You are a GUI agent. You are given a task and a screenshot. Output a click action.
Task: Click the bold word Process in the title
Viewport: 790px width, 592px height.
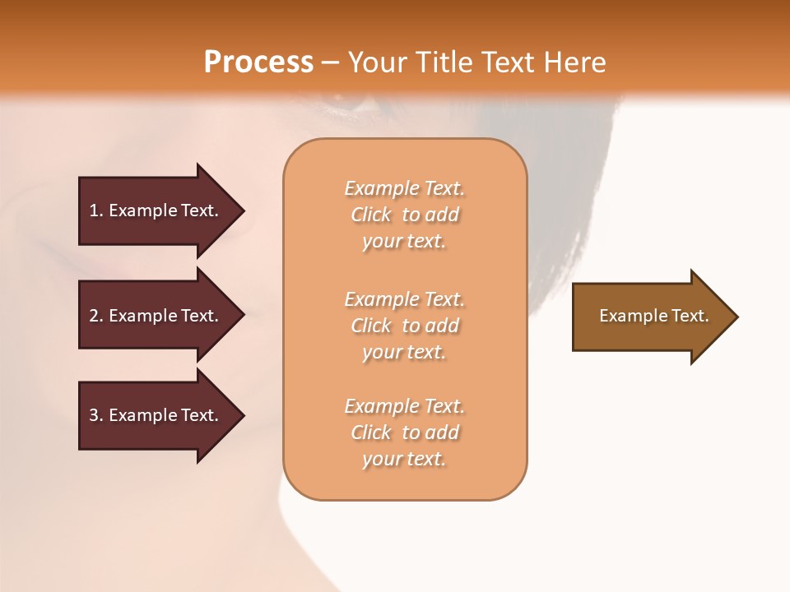tap(258, 62)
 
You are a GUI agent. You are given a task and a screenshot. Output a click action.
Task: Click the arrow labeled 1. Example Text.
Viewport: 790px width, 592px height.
tap(156, 210)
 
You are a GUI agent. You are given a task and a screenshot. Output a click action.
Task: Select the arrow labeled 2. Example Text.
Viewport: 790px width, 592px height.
tap(156, 316)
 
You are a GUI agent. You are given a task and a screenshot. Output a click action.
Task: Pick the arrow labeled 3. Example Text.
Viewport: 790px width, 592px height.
tap(156, 415)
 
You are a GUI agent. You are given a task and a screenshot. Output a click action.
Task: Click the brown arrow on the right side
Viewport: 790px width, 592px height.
tap(650, 317)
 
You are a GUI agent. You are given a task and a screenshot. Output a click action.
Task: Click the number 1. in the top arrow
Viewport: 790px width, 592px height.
tap(96, 210)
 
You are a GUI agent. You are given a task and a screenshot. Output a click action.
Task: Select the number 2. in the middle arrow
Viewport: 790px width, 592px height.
tap(96, 316)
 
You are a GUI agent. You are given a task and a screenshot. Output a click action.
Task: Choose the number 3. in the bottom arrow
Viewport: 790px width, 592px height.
tap(96, 415)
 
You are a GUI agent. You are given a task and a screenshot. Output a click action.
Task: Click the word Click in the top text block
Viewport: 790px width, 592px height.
tap(371, 215)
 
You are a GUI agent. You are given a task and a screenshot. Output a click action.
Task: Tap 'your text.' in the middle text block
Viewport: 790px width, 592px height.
tap(404, 352)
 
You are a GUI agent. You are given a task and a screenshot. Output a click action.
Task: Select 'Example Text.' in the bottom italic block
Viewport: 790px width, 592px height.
tap(404, 406)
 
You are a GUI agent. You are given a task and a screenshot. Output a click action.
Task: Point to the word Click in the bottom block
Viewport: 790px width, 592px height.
tap(371, 432)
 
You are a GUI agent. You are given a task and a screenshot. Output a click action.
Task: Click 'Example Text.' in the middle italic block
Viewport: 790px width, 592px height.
tap(404, 299)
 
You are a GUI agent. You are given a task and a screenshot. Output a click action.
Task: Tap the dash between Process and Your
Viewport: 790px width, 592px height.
tap(330, 63)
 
